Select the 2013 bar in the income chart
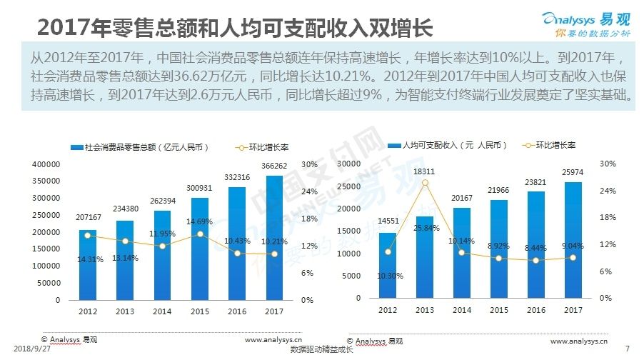click(x=424, y=257)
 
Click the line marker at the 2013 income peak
click(x=425, y=183)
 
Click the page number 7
click(x=627, y=349)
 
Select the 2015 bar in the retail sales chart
click(x=201, y=249)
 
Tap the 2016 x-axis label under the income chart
click(x=536, y=311)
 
